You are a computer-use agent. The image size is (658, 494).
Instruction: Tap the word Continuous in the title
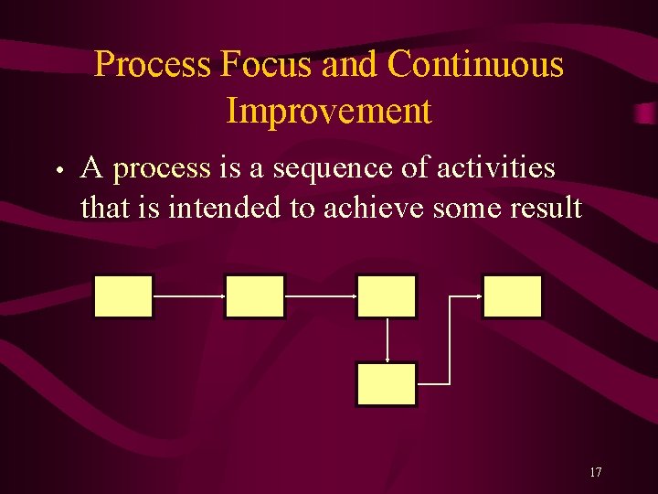click(x=475, y=65)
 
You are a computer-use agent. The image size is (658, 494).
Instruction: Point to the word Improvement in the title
click(x=328, y=111)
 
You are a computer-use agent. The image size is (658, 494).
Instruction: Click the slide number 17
click(x=595, y=472)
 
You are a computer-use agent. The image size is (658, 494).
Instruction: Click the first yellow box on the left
click(x=123, y=296)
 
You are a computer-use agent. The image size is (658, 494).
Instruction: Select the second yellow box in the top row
click(x=255, y=296)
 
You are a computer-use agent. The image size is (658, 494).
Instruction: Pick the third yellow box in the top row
click(x=387, y=296)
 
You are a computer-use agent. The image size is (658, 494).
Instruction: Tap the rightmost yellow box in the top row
click(x=513, y=296)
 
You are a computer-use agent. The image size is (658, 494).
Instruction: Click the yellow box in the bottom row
click(x=387, y=384)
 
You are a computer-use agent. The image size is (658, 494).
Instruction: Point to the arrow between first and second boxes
click(x=189, y=296)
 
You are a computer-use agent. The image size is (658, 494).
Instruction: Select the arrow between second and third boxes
click(x=321, y=296)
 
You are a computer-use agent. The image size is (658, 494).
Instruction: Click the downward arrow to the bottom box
click(x=388, y=340)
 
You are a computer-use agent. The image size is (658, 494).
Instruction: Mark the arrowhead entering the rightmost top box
click(x=478, y=296)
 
